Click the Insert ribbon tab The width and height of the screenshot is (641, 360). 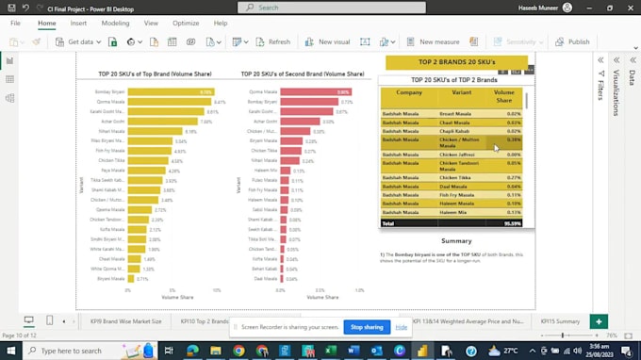click(78, 23)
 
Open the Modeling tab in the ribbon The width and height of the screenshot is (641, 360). click(115, 23)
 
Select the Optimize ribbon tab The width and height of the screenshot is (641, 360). click(186, 23)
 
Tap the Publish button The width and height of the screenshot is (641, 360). click(572, 41)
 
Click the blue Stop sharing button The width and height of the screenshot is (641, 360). click(367, 327)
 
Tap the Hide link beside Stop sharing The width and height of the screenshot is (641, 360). click(402, 327)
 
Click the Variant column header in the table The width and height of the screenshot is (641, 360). click(462, 92)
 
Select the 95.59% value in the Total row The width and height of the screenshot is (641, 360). click(512, 223)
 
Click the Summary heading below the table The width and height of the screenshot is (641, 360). click(456, 241)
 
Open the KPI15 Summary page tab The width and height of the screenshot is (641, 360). click(561, 321)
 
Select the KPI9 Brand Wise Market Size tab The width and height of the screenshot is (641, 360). click(126, 321)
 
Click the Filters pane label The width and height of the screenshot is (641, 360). click(600, 90)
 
